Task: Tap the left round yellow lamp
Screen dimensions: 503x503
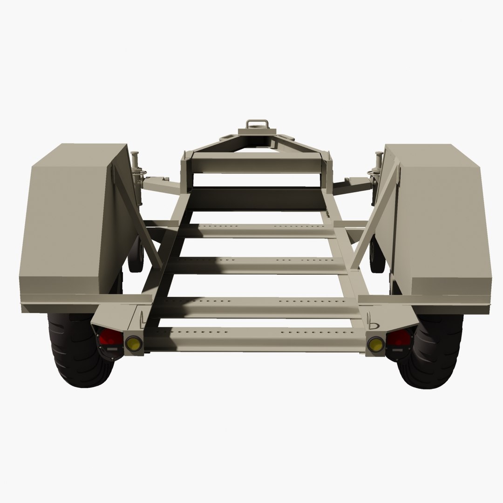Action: click(x=133, y=343)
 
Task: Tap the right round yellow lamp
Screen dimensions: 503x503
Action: click(x=375, y=344)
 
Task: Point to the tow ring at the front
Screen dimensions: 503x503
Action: click(x=257, y=124)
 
